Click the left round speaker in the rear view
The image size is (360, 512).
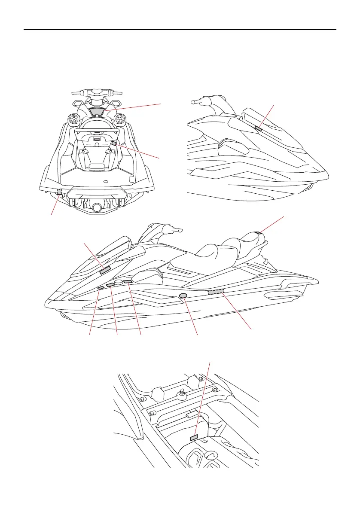pos(73,118)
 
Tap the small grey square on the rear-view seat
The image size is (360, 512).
pos(114,143)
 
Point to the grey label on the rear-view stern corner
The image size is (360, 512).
pos(59,192)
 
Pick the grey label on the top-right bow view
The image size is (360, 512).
pos(259,128)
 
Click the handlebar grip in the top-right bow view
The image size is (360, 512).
pos(196,102)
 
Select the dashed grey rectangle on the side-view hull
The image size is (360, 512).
pos(216,292)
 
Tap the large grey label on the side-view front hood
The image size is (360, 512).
pos(105,270)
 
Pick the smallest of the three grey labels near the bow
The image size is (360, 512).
pos(101,288)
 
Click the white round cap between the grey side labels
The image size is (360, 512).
pos(118,283)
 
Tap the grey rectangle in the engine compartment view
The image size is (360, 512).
pos(194,437)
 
